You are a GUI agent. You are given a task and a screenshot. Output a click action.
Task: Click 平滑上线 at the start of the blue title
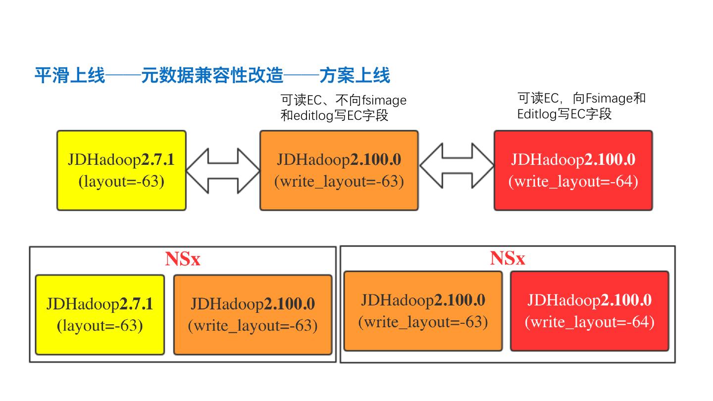coord(69,76)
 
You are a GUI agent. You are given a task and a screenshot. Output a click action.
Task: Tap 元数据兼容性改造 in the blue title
coord(212,76)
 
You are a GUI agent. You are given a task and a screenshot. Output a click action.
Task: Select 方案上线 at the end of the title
coord(355,76)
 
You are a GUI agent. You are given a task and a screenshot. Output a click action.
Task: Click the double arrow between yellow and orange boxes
coord(223,170)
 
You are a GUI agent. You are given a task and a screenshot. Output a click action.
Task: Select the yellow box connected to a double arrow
coord(121,170)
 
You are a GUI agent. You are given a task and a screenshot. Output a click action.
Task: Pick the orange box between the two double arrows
coord(339,170)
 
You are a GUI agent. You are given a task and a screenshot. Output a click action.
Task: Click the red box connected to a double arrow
coord(573,170)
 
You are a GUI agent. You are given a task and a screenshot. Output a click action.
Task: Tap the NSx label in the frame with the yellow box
coord(182,259)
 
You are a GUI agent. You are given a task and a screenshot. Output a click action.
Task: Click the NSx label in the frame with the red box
coord(507,258)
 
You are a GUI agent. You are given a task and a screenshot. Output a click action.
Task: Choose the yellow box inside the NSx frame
coord(100,315)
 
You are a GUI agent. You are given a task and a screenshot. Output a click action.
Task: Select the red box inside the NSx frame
coord(589,311)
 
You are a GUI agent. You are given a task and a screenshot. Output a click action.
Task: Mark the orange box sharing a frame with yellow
coord(253,315)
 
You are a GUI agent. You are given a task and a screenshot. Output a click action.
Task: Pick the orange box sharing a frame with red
coord(423,311)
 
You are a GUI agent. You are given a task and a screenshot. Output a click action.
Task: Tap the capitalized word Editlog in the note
coord(537,114)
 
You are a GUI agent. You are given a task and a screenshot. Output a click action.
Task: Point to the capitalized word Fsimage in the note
coord(609,98)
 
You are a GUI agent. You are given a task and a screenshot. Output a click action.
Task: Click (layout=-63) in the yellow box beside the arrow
coord(121,181)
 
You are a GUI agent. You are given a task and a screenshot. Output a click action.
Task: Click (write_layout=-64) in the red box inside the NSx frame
coord(589,322)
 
